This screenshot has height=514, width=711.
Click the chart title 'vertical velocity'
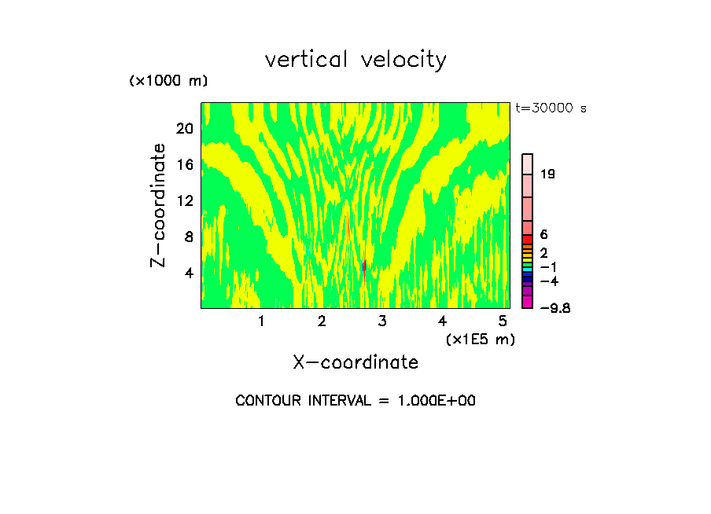355,60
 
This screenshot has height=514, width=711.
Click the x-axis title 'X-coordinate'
355,362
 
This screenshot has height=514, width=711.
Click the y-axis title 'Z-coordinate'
159,205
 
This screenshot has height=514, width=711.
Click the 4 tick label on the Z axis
190,273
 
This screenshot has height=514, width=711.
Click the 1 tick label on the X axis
261,321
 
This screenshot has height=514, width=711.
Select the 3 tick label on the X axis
381,321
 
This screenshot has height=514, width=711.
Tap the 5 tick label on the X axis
503,321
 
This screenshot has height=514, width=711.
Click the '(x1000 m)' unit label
168,81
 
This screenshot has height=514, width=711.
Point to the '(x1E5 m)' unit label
480,340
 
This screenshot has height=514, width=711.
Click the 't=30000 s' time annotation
551,108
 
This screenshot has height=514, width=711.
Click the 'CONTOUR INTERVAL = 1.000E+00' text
355,401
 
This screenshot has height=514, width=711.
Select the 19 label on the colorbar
548,174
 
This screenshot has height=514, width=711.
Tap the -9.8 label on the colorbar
554,308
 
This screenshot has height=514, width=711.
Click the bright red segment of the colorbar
528,240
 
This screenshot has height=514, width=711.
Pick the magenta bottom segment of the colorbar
528,302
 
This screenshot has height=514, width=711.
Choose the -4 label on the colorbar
549,281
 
